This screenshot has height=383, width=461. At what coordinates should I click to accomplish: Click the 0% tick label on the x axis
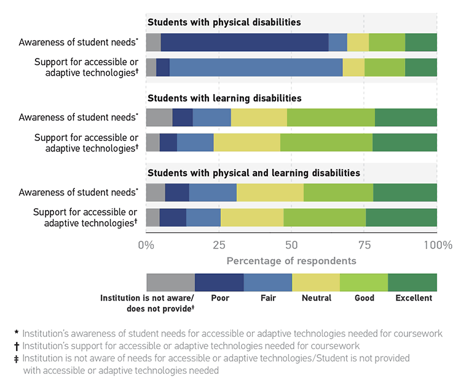pyautogui.click(x=146, y=245)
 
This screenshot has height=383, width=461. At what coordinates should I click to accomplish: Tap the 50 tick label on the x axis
pyautogui.click(x=291, y=245)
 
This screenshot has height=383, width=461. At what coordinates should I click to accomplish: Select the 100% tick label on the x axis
pyautogui.click(x=437, y=245)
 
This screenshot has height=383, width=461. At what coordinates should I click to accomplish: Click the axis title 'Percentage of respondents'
pyautogui.click(x=291, y=260)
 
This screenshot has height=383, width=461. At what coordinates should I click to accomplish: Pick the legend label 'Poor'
pyautogui.click(x=219, y=298)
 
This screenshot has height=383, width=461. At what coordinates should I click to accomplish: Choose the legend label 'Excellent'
pyautogui.click(x=413, y=298)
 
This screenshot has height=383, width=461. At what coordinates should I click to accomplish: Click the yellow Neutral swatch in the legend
pyautogui.click(x=316, y=282)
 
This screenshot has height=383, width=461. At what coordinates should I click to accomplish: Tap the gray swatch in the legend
pyautogui.click(x=170, y=282)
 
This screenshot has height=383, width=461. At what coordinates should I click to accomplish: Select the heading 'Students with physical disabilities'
pyautogui.click(x=224, y=22)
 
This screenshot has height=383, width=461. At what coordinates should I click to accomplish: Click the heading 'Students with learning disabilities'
pyautogui.click(x=224, y=98)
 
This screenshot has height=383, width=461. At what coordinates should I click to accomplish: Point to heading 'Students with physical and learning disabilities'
pyautogui.click(x=253, y=173)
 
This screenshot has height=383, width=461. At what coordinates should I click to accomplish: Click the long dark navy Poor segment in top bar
pyautogui.click(x=245, y=42)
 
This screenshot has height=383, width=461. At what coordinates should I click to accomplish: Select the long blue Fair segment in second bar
pyautogui.click(x=256, y=68)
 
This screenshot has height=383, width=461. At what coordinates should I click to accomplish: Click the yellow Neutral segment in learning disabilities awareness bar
pyautogui.click(x=259, y=118)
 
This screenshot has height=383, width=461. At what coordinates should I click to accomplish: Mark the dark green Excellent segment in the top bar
pyautogui.click(x=421, y=42)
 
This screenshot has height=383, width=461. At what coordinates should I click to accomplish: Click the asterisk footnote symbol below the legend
pyautogui.click(x=16, y=333)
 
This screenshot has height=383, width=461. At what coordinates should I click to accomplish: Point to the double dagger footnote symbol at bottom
pyautogui.click(x=16, y=358)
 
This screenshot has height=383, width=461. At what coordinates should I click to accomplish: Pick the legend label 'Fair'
pyautogui.click(x=267, y=298)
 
